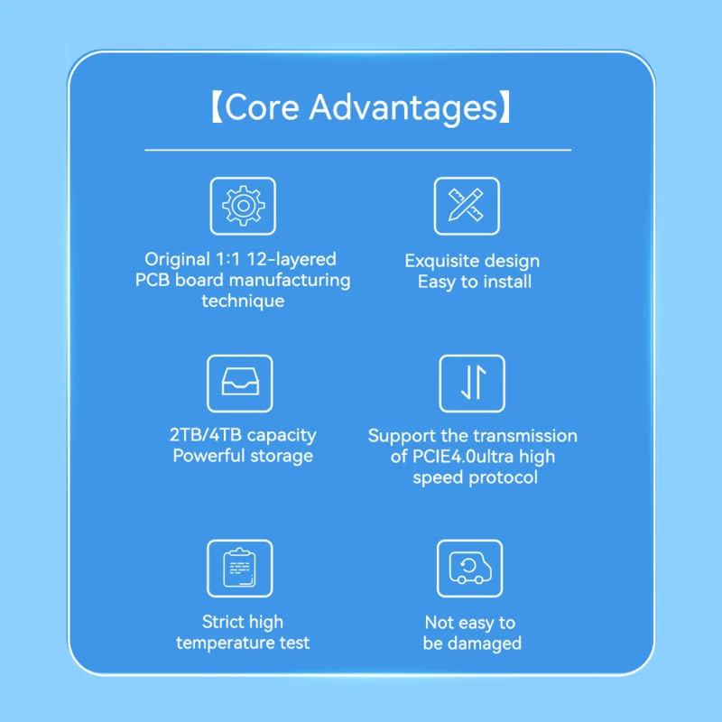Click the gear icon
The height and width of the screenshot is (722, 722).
243,206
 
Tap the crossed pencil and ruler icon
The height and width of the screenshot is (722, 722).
466,205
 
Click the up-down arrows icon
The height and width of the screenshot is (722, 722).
474,382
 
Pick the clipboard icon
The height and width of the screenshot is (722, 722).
239,568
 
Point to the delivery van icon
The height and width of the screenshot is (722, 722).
470,568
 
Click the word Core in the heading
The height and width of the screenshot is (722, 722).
262,107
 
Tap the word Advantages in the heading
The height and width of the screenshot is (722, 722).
403,108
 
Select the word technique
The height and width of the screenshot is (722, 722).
243,301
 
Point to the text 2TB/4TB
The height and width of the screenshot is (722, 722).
206,435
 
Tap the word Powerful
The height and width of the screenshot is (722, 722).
208,456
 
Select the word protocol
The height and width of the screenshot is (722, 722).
504,477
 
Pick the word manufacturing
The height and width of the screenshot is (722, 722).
290,281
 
